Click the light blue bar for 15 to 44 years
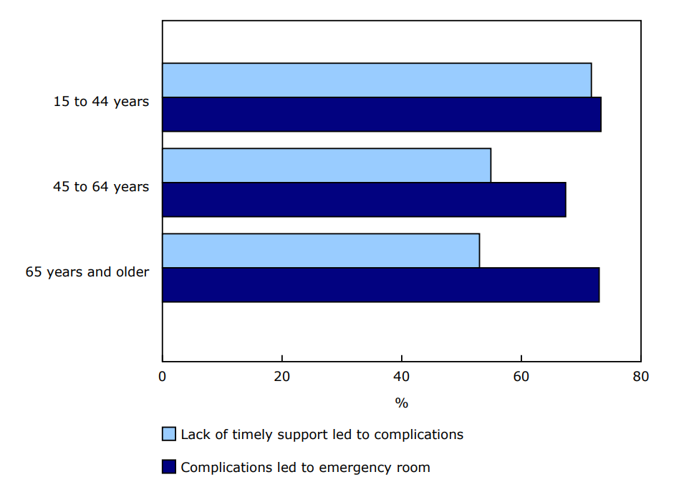[377, 80]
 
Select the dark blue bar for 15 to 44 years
[382, 115]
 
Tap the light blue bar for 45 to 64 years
[327, 165]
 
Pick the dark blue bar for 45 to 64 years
[364, 200]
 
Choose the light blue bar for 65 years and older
[321, 251]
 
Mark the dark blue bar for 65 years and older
[380, 285]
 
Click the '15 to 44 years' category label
[101, 102]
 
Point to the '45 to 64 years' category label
[101, 187]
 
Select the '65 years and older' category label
[87, 272]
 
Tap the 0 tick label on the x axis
[163, 377]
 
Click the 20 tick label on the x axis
[282, 377]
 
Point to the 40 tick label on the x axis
[402, 377]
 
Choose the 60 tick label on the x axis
[521, 377]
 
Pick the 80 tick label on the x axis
[640, 377]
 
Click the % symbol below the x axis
[402, 403]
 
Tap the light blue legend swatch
[169, 434]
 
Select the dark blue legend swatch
[169, 467]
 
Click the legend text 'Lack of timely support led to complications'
[322, 435]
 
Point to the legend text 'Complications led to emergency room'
[305, 468]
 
